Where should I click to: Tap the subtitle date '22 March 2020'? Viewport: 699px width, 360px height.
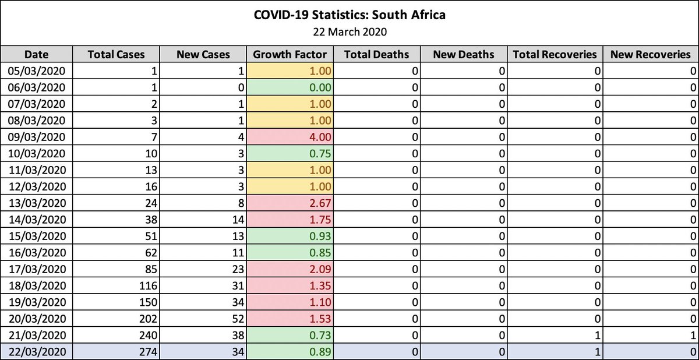click(349, 31)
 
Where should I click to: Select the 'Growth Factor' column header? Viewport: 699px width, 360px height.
click(290, 55)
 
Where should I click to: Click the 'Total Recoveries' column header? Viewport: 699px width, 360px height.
click(555, 55)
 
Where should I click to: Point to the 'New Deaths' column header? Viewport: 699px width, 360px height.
click(464, 55)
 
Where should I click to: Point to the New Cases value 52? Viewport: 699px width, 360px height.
click(236, 319)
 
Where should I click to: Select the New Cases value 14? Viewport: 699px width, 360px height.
click(236, 220)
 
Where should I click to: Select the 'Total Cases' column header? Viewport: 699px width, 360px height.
click(124, 55)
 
